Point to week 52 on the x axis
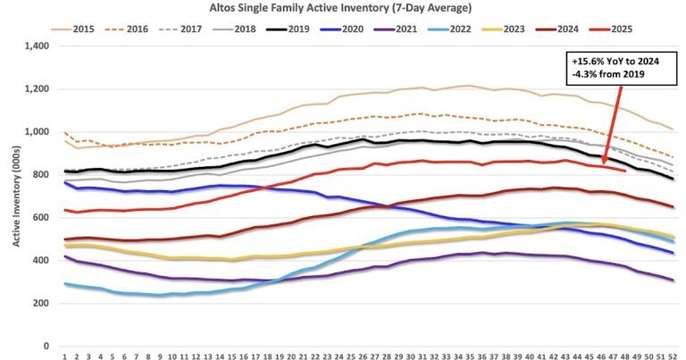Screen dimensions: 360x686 (x=671, y=356)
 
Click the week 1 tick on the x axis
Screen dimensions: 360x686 (x=65, y=356)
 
